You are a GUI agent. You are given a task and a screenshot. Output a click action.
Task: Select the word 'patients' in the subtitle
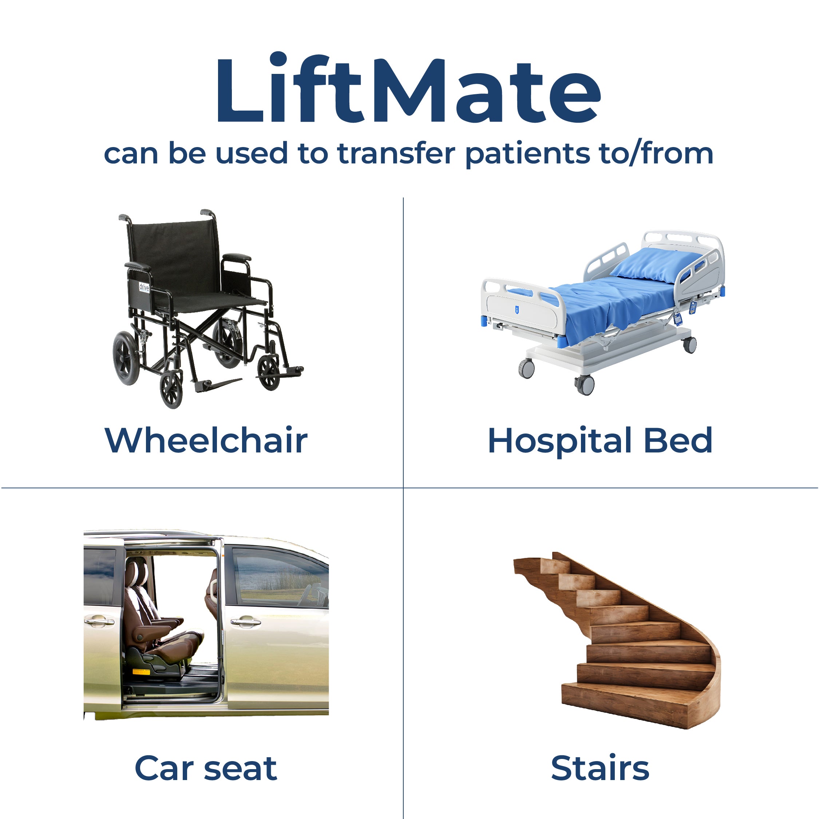[527, 154]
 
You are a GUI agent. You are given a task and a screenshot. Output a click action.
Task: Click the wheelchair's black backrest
[174, 254]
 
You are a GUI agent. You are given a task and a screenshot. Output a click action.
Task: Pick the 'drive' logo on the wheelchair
[144, 288]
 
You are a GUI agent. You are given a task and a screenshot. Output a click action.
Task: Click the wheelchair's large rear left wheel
[126, 358]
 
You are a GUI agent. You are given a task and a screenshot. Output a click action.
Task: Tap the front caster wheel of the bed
[585, 385]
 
